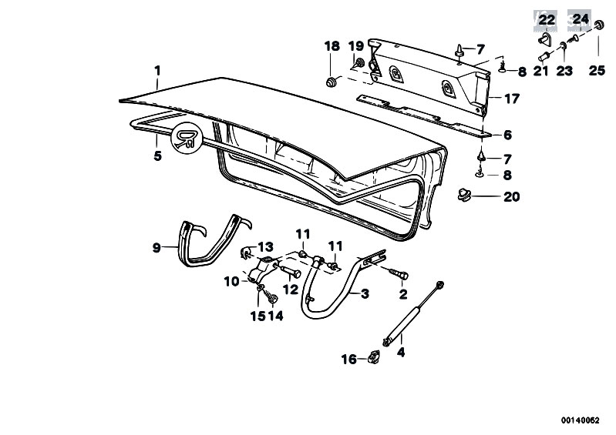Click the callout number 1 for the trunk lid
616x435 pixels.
(x=157, y=71)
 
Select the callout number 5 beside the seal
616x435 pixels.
(x=157, y=156)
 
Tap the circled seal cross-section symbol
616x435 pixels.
(x=187, y=138)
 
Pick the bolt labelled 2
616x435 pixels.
(x=399, y=273)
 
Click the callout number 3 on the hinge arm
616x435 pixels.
(x=365, y=293)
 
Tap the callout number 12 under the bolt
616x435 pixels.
(x=291, y=289)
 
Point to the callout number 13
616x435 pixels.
(x=265, y=246)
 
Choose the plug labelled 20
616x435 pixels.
(x=464, y=194)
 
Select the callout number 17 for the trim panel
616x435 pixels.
(x=511, y=99)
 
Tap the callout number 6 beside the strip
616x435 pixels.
(x=507, y=135)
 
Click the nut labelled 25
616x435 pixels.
(x=599, y=25)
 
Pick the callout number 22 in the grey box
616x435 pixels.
(x=547, y=19)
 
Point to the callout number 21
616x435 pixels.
(x=540, y=71)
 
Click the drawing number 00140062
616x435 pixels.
(x=581, y=420)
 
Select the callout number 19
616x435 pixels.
(x=356, y=46)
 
